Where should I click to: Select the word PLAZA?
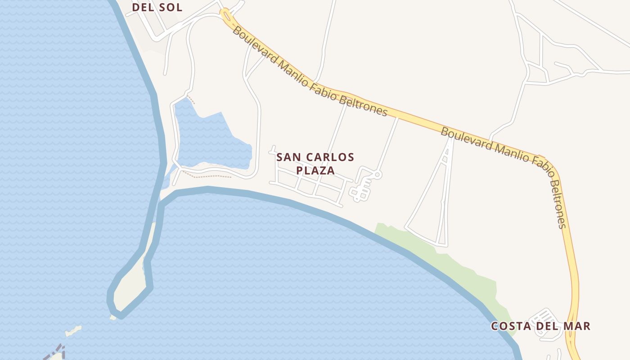(x=315, y=171)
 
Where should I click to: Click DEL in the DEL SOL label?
(x=143, y=7)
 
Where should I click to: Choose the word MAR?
(x=576, y=326)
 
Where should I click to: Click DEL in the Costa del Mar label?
(x=545, y=326)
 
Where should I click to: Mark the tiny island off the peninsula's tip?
(x=73, y=332)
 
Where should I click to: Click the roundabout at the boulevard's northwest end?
(x=225, y=16)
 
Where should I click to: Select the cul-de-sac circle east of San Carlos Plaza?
(x=378, y=174)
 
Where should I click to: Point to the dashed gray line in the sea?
(x=56, y=352)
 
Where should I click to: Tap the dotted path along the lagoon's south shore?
(x=207, y=175)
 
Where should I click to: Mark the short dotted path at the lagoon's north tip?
(x=191, y=99)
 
